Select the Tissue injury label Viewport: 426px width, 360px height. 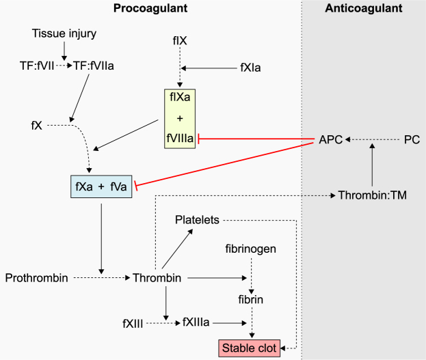tap(64, 33)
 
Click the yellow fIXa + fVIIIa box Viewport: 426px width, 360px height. tap(179, 118)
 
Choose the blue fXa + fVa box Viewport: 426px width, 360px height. tap(101, 186)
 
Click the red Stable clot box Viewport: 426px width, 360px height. tap(249, 348)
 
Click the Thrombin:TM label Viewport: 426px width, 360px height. tap(372, 195)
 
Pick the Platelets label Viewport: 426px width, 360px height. tap(197, 220)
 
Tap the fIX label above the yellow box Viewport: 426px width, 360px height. tap(180, 41)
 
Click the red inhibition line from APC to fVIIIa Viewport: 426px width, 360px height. tap(256, 139)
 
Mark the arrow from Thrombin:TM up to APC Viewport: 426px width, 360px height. tap(371, 167)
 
